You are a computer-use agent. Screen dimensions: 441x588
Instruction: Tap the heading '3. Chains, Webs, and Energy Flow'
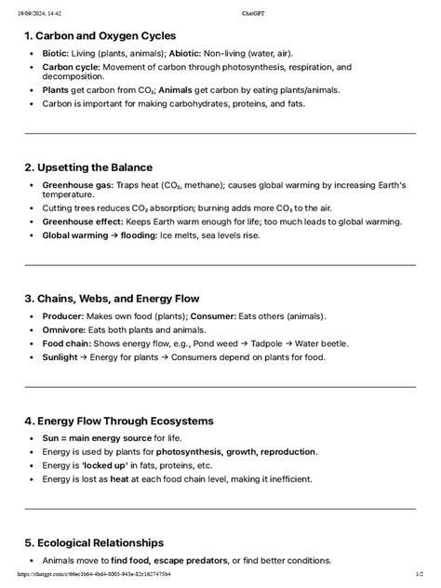[112, 299]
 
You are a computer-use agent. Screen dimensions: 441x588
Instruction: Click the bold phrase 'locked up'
[109, 465]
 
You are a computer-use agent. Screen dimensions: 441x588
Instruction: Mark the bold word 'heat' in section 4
[119, 478]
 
